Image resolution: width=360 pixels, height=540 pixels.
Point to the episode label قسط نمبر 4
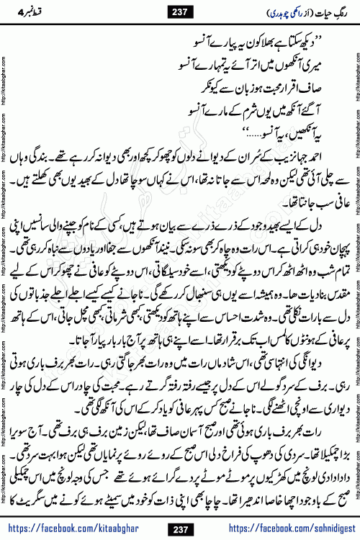[x=32, y=12]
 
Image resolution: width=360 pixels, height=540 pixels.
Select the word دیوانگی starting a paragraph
[x=326, y=390]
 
